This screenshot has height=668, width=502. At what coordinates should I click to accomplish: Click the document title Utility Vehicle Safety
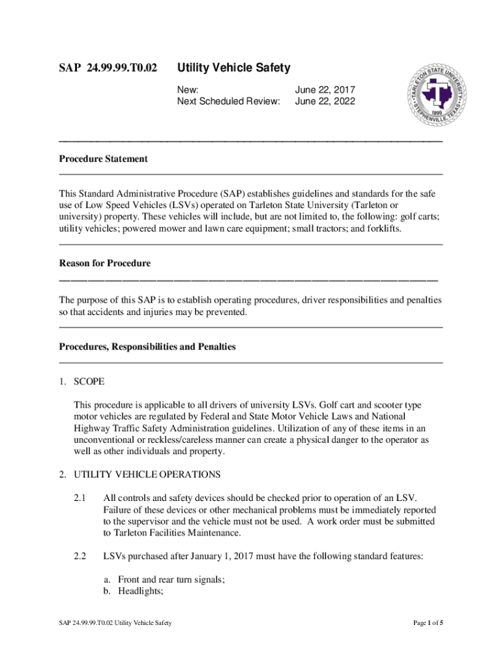[234, 68]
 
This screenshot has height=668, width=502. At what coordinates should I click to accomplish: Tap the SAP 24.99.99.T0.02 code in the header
[108, 68]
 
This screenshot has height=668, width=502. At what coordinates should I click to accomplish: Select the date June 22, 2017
[325, 89]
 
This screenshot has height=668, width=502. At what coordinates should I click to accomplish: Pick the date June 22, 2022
[325, 101]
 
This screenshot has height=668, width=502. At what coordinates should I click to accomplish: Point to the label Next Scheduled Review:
[229, 101]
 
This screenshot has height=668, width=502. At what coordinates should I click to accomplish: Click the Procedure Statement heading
[103, 159]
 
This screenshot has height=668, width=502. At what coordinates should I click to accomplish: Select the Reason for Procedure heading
[104, 264]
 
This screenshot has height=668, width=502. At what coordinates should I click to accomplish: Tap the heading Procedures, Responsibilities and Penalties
[147, 347]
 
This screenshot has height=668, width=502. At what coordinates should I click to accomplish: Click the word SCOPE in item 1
[89, 381]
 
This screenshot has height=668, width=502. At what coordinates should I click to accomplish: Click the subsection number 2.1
[80, 499]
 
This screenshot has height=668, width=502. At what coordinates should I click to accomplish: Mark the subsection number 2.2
[80, 556]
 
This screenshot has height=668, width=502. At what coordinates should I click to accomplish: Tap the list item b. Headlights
[133, 591]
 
